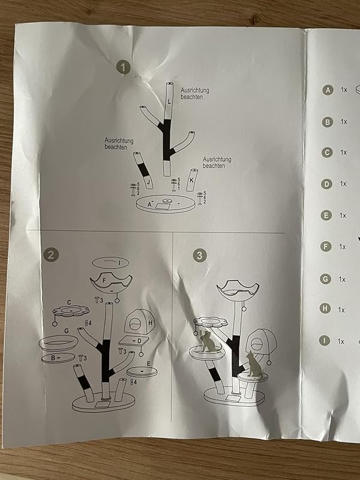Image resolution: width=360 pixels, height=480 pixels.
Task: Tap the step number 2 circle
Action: click(x=53, y=254)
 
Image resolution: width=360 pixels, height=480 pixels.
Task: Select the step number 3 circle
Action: click(x=199, y=255)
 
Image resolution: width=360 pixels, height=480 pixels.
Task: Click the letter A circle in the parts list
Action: click(x=327, y=90)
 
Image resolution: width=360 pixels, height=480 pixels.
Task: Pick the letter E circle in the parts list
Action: click(x=327, y=215)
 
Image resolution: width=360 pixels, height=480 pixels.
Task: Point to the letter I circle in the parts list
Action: click(x=325, y=341)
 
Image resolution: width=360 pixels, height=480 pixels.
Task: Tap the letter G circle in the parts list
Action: click(x=326, y=278)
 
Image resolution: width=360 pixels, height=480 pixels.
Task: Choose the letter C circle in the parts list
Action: click(x=327, y=152)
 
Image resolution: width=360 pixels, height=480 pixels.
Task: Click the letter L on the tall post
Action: click(x=169, y=103)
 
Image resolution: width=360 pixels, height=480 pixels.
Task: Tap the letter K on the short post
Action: click(x=191, y=179)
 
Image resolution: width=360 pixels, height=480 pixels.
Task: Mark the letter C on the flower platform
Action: click(x=70, y=302)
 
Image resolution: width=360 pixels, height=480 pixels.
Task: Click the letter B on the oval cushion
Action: click(x=53, y=358)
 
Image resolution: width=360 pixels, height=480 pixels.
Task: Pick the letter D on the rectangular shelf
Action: click(x=139, y=341)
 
